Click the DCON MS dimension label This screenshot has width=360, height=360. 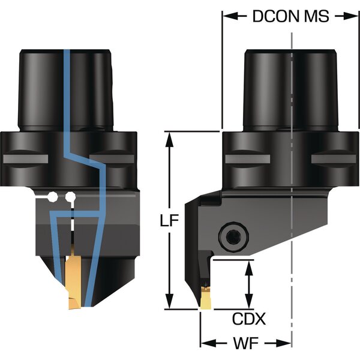pos(290,16)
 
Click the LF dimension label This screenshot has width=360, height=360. pos(170,221)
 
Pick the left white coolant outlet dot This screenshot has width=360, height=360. pos(53,196)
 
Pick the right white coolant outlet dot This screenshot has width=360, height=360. pos(71,196)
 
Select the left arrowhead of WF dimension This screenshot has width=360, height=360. pos(206,343)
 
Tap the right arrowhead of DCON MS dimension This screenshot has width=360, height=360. pos(347,16)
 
